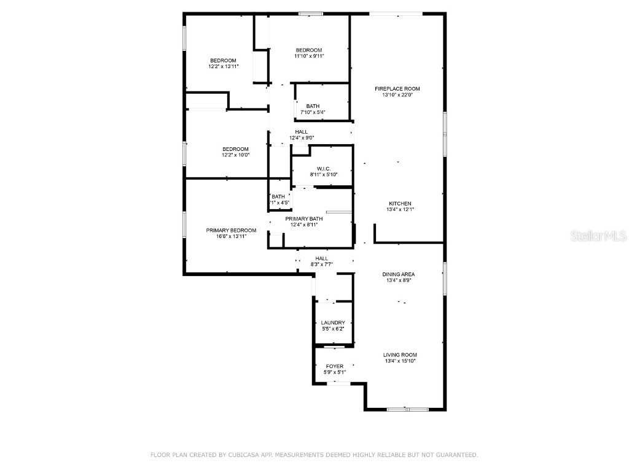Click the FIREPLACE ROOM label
[x=397, y=89]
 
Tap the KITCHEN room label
[x=399, y=204]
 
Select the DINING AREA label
[x=399, y=274]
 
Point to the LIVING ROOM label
[x=400, y=354]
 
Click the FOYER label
[x=335, y=366]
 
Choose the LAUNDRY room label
[x=333, y=323]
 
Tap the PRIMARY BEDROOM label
[x=231, y=230]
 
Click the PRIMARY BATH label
[x=304, y=219]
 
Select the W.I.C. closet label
[x=324, y=169]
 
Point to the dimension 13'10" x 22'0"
[x=397, y=95]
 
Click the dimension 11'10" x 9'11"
[x=309, y=56]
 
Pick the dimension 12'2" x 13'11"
[x=223, y=66]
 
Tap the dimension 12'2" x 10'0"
[x=235, y=155]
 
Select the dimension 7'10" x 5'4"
[x=313, y=112]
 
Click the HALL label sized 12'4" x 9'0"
[x=302, y=132]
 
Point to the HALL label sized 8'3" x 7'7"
[x=322, y=259]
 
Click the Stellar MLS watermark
[x=598, y=235]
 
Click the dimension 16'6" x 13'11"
[x=231, y=236]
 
